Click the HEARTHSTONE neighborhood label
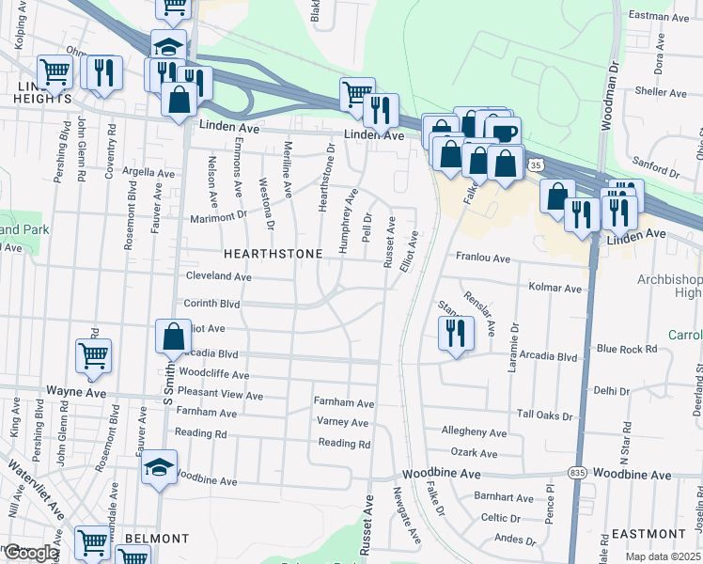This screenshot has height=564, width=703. coord(273,255)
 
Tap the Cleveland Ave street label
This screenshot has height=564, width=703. coord(218,277)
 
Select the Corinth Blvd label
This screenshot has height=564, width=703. coord(212,305)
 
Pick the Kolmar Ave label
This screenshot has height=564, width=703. coord(555,288)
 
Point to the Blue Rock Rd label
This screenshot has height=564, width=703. coord(627,350)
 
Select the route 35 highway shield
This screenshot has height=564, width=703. coord(535,164)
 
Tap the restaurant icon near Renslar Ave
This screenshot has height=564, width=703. coord(455,334)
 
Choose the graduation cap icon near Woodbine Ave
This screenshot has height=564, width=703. coord(158,467)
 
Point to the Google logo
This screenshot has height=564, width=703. coord(32,553)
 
